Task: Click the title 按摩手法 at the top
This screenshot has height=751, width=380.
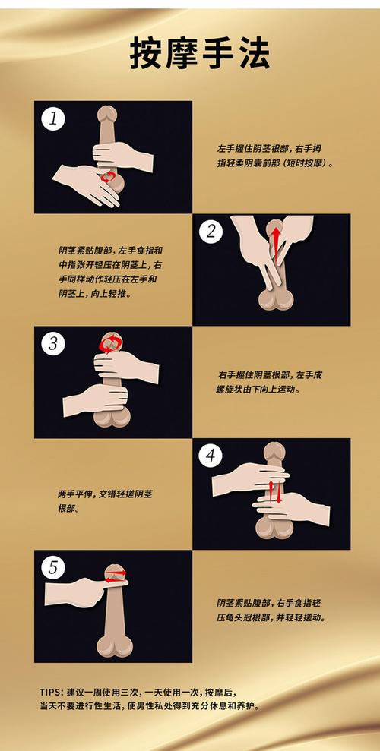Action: (190, 55)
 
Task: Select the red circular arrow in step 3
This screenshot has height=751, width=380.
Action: (111, 344)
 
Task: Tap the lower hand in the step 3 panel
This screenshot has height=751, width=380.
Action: (95, 399)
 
